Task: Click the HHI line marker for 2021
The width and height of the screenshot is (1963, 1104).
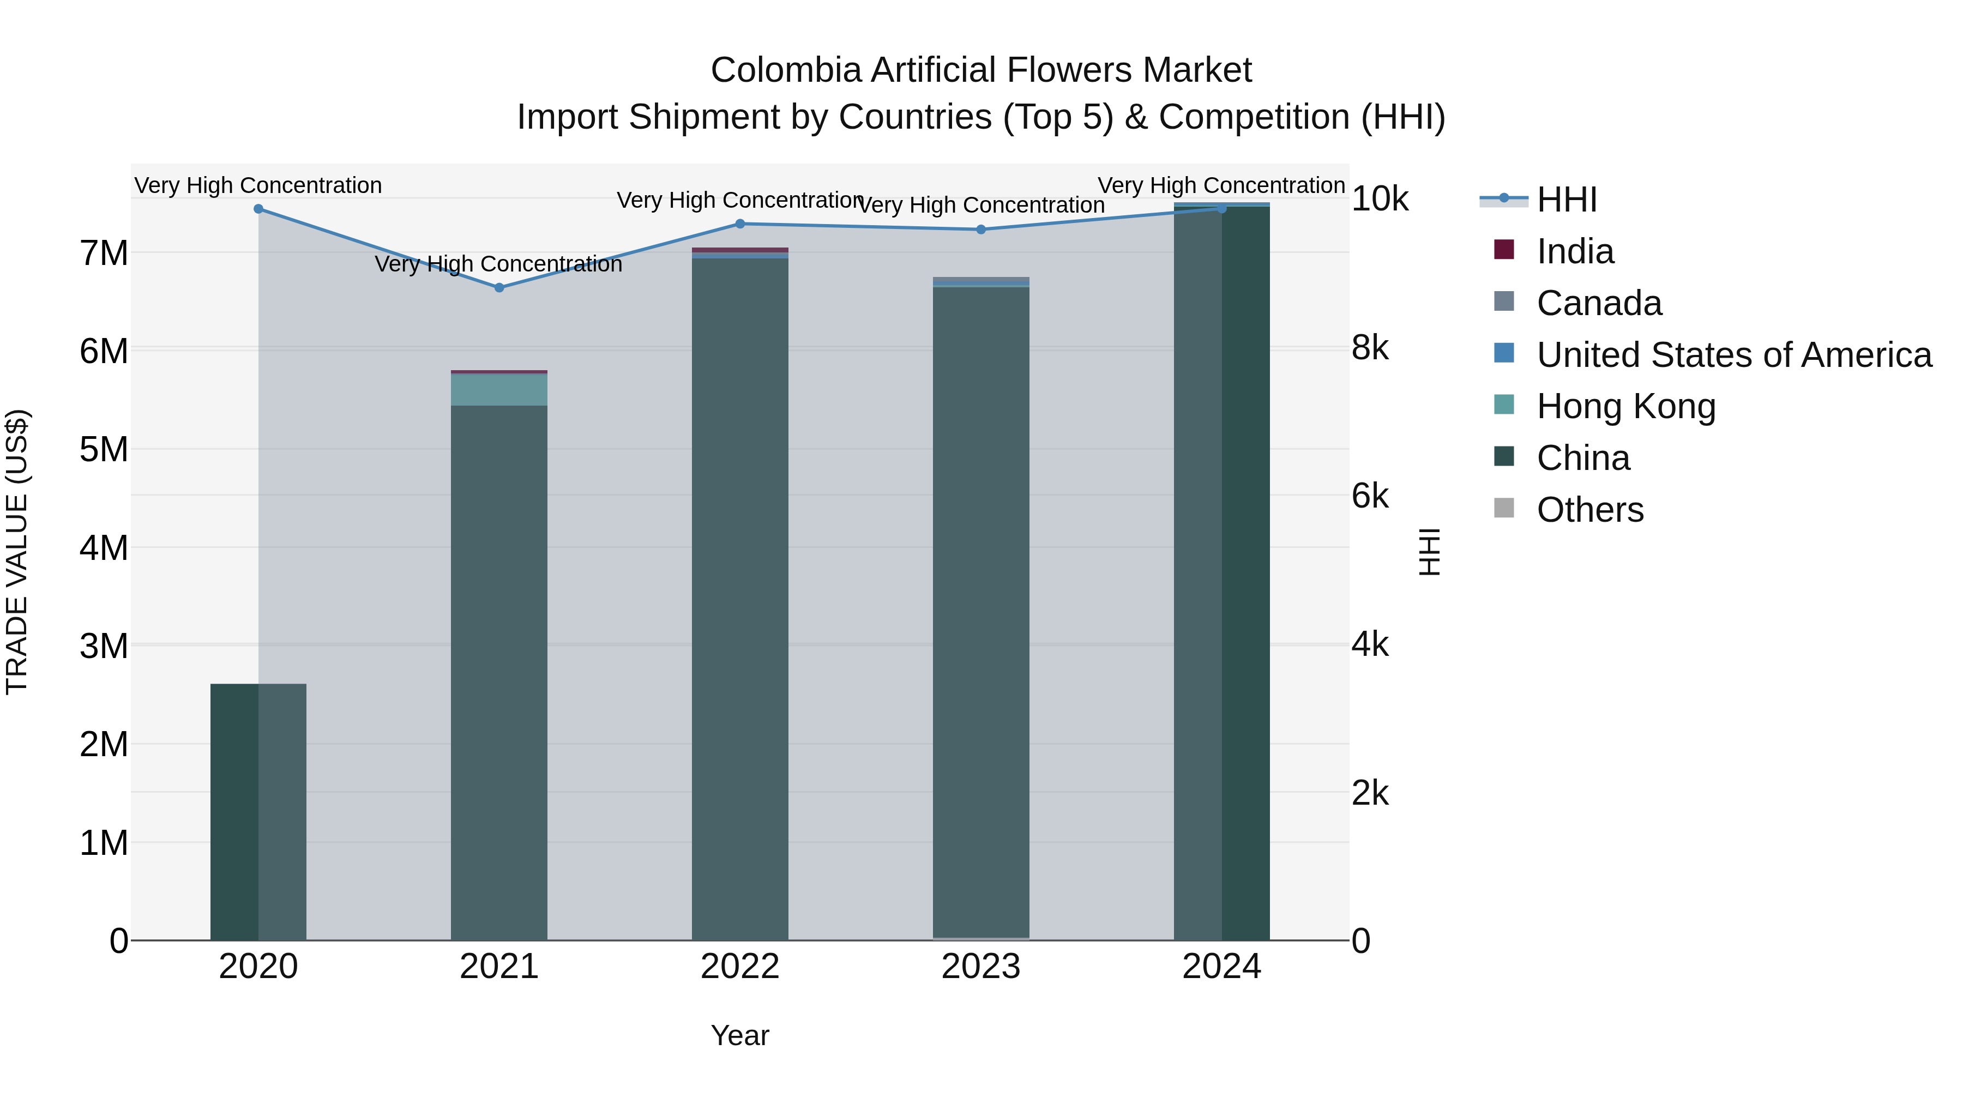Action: pos(499,288)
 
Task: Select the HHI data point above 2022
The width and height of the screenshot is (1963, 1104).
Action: pos(740,224)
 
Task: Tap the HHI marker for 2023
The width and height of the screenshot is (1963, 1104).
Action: pos(981,230)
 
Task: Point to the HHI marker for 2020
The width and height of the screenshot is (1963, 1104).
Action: pos(258,209)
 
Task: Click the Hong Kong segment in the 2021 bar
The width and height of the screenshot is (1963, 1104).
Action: pos(499,390)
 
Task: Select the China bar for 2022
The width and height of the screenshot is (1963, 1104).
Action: pos(740,594)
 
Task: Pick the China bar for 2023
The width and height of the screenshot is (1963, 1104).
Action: pos(981,610)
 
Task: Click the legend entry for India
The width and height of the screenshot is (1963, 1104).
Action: pos(1574,251)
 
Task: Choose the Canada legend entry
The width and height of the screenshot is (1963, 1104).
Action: pos(1599,303)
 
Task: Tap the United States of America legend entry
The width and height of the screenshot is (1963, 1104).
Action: pos(1733,355)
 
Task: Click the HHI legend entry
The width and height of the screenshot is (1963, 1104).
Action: pos(1566,200)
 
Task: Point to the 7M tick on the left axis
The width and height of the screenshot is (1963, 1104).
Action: pos(104,253)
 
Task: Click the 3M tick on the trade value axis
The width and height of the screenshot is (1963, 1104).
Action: pos(104,646)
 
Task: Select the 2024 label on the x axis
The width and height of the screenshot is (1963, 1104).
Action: pos(1221,967)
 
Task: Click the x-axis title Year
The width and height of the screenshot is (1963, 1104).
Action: pos(740,1035)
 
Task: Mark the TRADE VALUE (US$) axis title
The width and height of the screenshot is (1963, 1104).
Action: pos(17,552)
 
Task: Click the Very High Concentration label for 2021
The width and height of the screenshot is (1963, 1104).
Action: pos(498,264)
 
